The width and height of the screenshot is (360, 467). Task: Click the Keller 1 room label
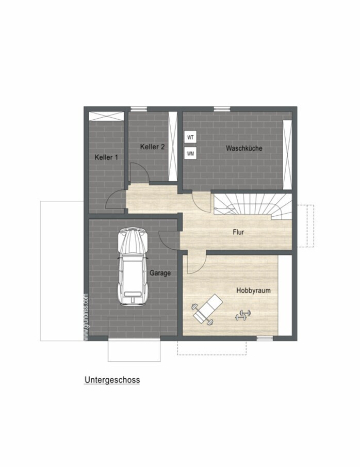point(106,157)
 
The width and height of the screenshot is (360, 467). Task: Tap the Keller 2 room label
point(153,147)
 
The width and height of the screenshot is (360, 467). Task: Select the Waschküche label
point(244,148)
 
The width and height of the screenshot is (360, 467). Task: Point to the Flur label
point(238,232)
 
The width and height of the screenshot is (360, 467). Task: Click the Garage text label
point(160,273)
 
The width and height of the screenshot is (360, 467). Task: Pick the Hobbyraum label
point(253,291)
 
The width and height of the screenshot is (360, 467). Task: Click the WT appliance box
point(190,137)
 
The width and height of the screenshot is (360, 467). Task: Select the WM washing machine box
point(190,153)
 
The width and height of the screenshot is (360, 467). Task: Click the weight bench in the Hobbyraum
point(207,309)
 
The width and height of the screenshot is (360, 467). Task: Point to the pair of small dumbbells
point(243,315)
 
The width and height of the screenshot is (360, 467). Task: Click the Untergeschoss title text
point(112,380)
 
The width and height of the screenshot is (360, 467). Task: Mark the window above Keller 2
point(139,109)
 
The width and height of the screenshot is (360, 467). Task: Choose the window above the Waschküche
point(222,109)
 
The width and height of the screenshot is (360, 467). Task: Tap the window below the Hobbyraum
point(265,339)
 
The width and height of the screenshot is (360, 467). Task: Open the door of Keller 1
point(116,199)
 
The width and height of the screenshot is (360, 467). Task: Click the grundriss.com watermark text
point(86,317)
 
